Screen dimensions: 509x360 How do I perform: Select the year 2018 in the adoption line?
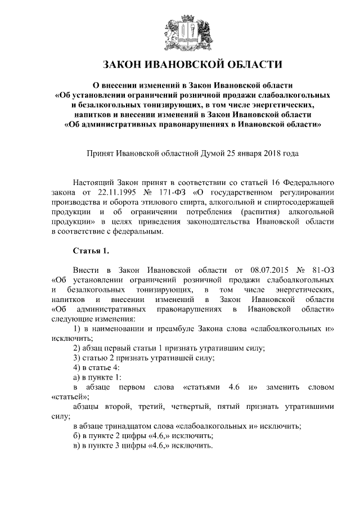264,152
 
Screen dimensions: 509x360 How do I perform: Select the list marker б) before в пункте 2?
78,436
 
